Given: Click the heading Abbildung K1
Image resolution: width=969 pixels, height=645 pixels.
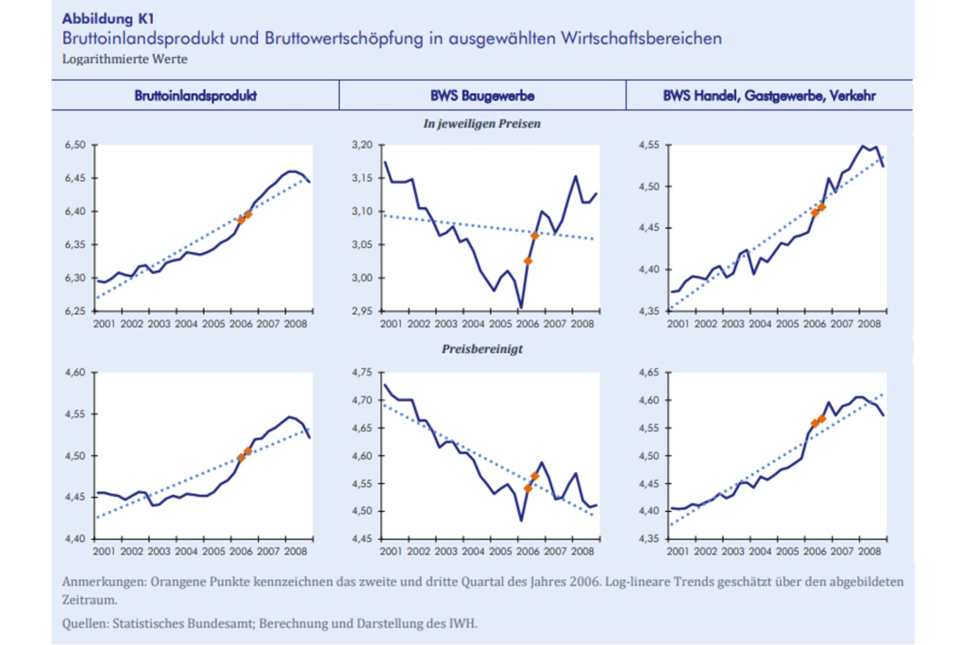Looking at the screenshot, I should [101, 19].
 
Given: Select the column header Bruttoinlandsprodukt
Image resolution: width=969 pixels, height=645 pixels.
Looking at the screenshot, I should [195, 95].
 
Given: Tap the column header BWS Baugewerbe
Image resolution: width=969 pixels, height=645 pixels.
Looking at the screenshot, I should [482, 95].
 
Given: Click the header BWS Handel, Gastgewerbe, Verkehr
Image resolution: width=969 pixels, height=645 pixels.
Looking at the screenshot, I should [770, 95].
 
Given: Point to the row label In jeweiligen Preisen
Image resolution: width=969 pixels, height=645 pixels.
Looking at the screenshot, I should [482, 124].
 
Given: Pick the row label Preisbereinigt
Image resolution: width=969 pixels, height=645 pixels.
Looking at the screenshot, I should [482, 348].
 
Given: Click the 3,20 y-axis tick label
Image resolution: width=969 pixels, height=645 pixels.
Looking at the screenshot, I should [363, 145].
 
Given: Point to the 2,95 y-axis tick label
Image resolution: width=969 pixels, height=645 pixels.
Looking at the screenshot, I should [363, 311].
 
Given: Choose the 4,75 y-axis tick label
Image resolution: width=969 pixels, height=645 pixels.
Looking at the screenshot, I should [363, 373].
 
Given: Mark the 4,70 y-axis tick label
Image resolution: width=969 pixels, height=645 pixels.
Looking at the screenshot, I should [363, 401].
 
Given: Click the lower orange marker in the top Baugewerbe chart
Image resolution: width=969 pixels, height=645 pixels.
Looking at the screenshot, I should [528, 261].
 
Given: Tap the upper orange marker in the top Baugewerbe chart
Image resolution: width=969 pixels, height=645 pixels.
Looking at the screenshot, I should [535, 236].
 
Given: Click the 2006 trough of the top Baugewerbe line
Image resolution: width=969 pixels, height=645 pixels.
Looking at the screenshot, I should [521, 308].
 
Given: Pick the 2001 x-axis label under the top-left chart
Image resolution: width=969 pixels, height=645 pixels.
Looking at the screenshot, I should [103, 324].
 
